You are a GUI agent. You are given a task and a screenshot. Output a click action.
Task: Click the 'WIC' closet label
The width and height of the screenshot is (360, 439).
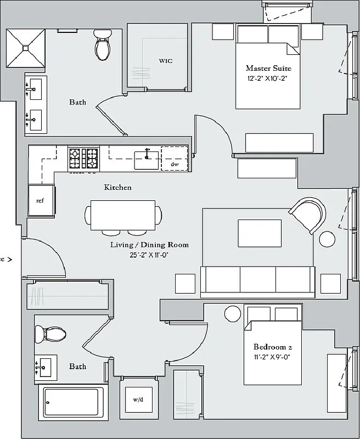165,61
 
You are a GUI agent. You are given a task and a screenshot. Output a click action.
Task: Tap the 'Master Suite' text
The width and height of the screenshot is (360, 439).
268,69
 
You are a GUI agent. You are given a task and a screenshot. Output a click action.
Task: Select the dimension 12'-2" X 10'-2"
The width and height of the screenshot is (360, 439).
267,78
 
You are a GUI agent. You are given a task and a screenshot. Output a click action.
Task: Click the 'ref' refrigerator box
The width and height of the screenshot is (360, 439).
40,201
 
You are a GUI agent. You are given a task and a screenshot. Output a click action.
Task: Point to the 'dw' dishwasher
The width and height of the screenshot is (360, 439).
175,164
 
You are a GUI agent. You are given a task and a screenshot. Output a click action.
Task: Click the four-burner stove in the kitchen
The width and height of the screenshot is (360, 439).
83,159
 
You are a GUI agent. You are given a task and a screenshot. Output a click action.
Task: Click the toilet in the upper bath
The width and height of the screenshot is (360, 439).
103,46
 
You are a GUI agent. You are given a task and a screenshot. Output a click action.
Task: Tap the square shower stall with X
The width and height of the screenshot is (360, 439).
25,48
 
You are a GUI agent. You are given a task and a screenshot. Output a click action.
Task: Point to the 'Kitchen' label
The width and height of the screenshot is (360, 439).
118,188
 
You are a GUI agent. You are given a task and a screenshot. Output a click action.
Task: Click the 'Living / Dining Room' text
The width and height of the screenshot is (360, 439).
149,245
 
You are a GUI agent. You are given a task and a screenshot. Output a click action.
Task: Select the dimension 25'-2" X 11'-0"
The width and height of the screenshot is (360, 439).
149,255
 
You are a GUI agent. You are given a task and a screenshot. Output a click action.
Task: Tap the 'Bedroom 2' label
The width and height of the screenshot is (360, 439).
272,347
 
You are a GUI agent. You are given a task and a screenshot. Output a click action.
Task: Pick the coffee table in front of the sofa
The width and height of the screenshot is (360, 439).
260,233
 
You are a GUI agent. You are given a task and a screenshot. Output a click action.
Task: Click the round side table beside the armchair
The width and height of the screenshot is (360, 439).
328,240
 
